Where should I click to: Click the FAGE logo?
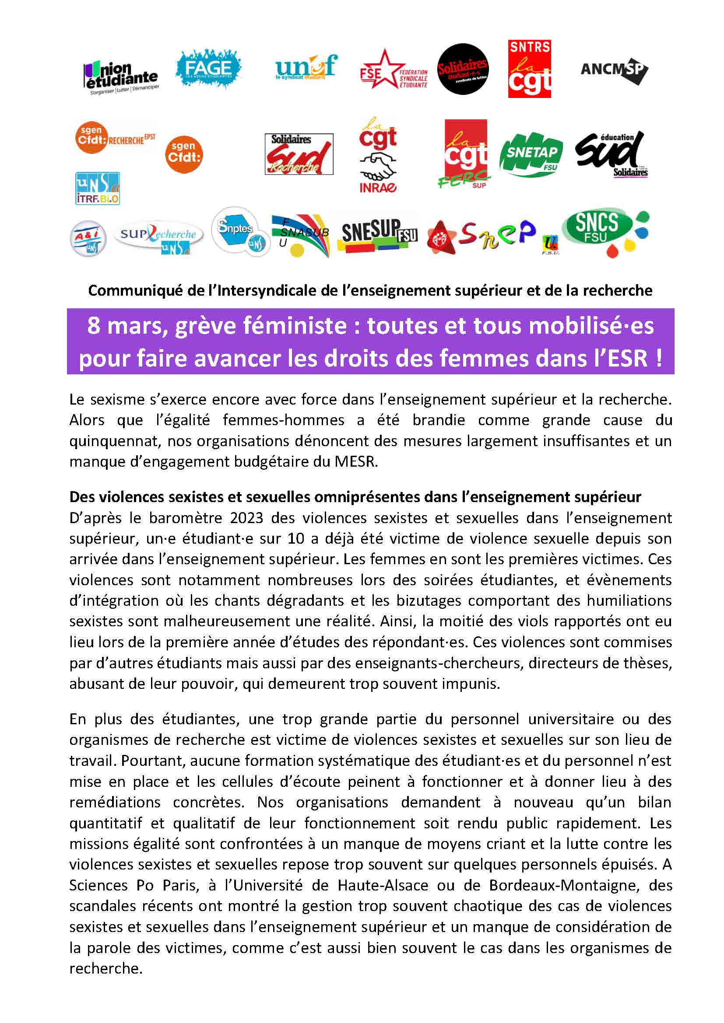pyautogui.click(x=208, y=69)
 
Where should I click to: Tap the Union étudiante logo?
pyautogui.click(x=120, y=77)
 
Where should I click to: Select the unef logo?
pyautogui.click(x=306, y=67)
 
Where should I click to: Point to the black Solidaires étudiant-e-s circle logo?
pyautogui.click(x=463, y=69)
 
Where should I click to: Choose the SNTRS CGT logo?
pyautogui.click(x=529, y=69)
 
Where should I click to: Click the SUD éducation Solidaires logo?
pyautogui.click(x=611, y=154)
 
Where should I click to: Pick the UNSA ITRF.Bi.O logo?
pyautogui.click(x=98, y=189)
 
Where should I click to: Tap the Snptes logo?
pyautogui.click(x=239, y=232)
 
